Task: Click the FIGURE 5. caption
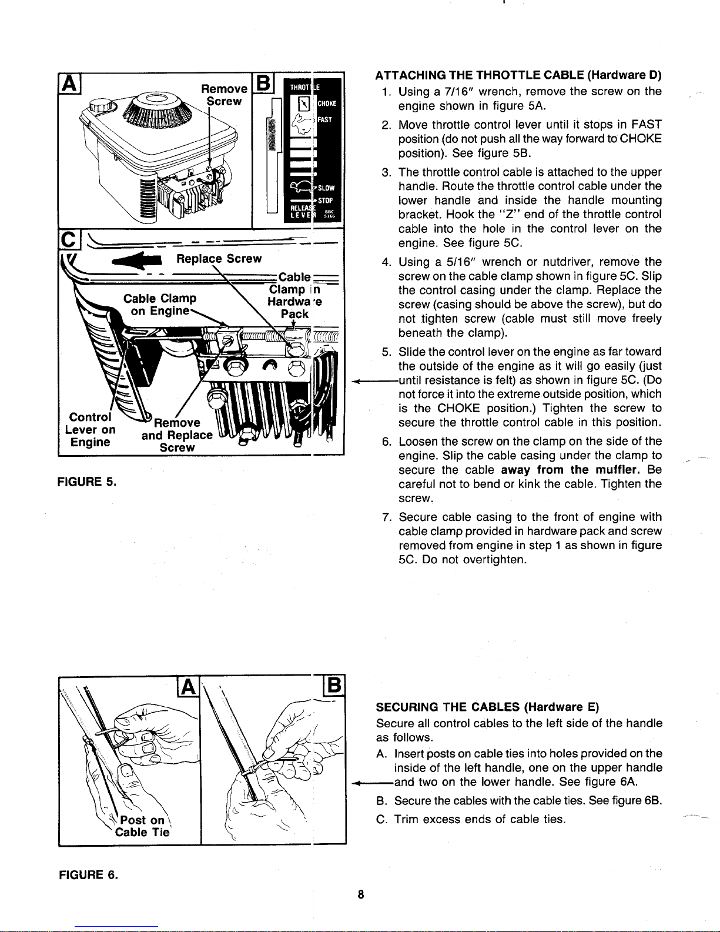point(86,482)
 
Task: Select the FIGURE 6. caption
point(88,874)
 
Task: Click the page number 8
point(361,894)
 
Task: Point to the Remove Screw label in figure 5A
point(224,95)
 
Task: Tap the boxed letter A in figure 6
point(187,687)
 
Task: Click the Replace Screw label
point(219,259)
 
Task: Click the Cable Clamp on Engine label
point(160,304)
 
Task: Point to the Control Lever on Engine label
point(90,430)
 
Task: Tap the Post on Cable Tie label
point(142,826)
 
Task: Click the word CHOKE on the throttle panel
point(327,103)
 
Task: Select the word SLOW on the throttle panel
point(326,188)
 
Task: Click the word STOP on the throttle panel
point(325,201)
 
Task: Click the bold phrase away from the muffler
point(571,470)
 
